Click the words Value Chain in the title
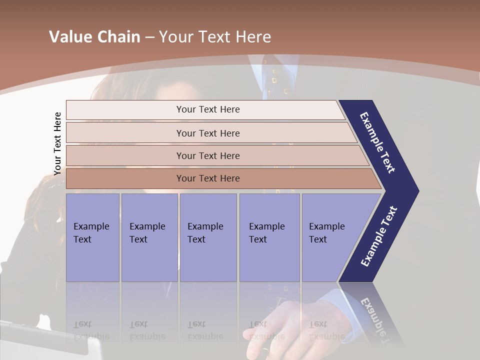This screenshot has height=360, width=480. click(94, 37)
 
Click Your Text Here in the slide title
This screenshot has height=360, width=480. click(215, 37)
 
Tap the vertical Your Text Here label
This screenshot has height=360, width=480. click(57, 143)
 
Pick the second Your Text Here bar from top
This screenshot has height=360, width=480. click(208, 133)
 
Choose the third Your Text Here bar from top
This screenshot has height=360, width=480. click(208, 155)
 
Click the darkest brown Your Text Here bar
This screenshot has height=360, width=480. click(208, 178)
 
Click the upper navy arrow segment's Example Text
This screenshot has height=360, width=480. click(378, 142)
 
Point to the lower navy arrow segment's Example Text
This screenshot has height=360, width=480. click(378, 236)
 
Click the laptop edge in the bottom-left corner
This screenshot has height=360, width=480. click(50, 340)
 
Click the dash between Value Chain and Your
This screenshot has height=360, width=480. click(149, 37)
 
